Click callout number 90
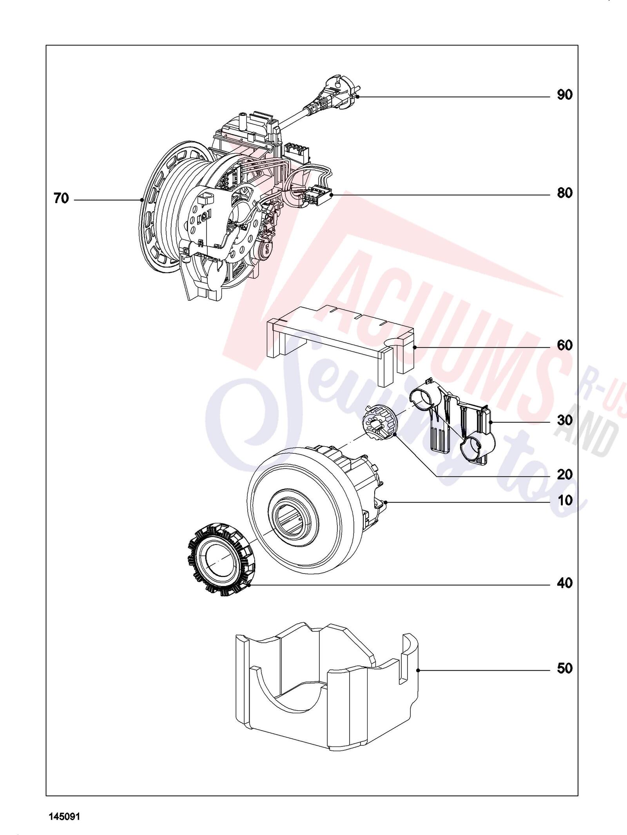click(565, 95)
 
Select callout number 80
click(565, 193)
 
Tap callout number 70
click(61, 199)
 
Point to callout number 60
click(565, 345)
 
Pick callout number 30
click(565, 420)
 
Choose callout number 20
click(565, 475)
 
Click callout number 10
click(565, 500)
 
